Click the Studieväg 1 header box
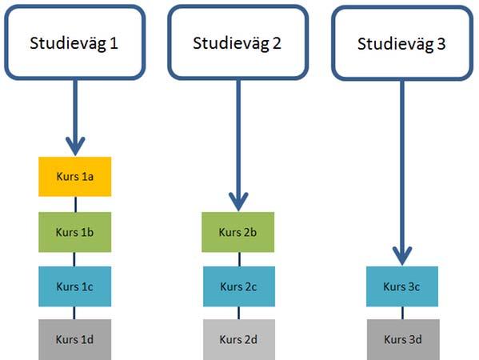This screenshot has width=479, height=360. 75,42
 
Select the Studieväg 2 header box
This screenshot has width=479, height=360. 238,42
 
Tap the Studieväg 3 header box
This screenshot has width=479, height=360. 402,43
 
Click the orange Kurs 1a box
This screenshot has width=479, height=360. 75,177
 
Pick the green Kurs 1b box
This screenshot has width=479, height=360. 75,232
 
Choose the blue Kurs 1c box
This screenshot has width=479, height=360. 75,286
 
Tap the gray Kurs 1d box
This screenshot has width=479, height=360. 75,339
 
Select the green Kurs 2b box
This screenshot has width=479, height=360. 238,232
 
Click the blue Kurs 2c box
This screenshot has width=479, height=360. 239,286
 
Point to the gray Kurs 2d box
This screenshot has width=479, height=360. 239,339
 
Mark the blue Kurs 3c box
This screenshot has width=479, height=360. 402,286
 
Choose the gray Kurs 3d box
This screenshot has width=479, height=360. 403,339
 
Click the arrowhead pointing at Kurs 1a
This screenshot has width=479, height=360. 75,146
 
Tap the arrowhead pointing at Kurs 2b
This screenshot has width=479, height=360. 238,202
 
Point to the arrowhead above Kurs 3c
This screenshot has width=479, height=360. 402,257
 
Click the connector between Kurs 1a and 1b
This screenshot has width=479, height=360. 75,205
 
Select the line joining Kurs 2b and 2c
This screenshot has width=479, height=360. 239,259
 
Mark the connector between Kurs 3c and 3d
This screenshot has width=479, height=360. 402,313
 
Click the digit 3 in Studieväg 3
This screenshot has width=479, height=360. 441,44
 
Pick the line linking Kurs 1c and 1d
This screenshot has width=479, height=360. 74,313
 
